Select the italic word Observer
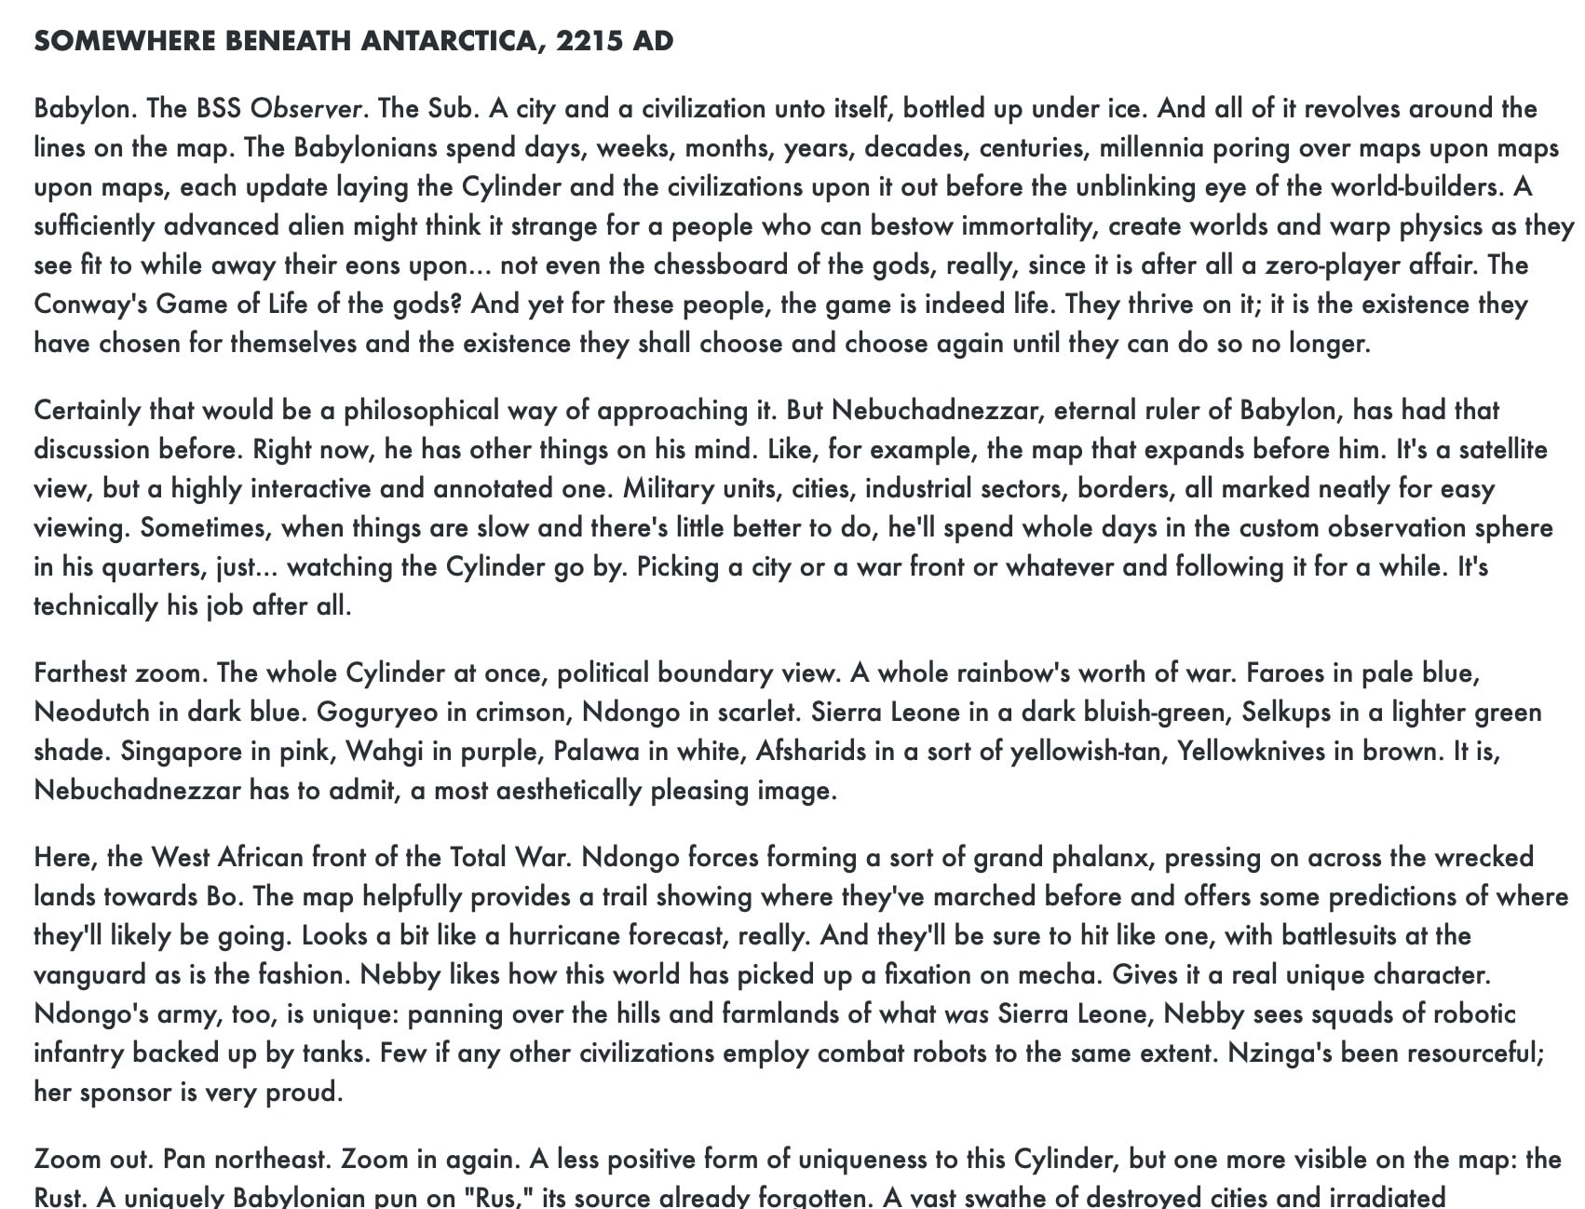coord(305,109)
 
